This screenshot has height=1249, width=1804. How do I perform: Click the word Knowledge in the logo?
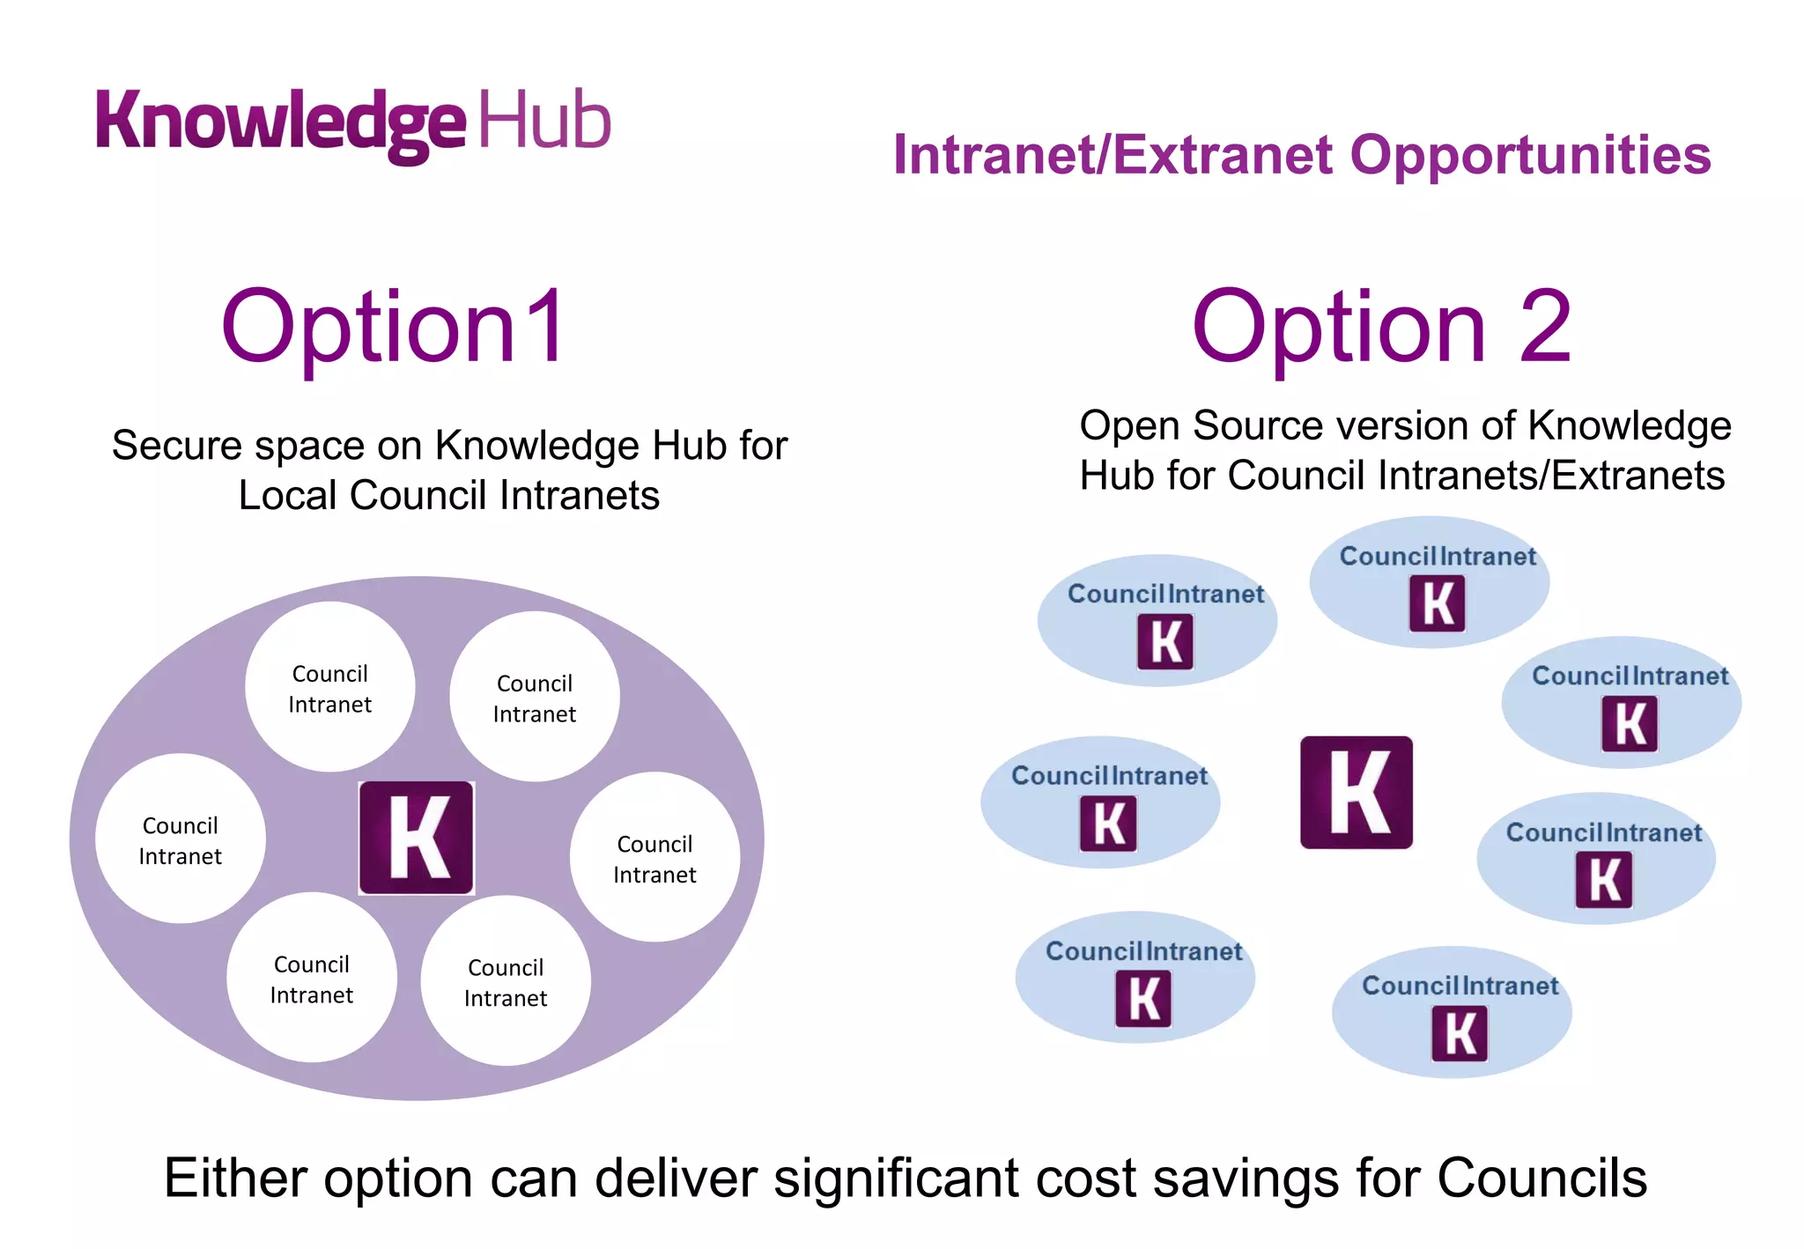click(x=280, y=122)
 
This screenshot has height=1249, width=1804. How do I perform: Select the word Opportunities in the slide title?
click(x=1530, y=155)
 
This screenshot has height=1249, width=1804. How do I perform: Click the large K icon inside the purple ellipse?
click(x=416, y=838)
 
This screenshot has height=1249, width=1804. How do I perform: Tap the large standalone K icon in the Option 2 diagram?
click(x=1356, y=792)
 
